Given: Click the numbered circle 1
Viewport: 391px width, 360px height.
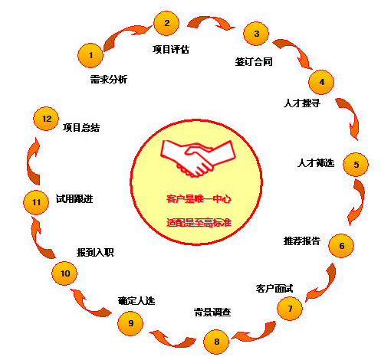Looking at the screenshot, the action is pyautogui.click(x=90, y=55).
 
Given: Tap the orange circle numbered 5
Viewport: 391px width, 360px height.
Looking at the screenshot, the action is pyautogui.click(x=356, y=165).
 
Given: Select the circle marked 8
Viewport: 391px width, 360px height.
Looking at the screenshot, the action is pyautogui.click(x=216, y=342).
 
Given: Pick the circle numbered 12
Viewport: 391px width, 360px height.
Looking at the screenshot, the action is pyautogui.click(x=46, y=119).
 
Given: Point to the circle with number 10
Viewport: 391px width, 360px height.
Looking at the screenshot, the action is pyautogui.click(x=64, y=273).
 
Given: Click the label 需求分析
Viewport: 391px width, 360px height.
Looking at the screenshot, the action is pyautogui.click(x=109, y=80).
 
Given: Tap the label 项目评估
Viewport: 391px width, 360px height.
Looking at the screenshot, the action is pyautogui.click(x=171, y=49).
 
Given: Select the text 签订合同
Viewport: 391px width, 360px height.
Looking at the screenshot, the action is pyautogui.click(x=254, y=62).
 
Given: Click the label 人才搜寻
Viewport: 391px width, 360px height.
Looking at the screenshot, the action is pyautogui.click(x=302, y=103).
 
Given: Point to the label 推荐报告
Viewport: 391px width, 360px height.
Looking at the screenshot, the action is pyautogui.click(x=302, y=241).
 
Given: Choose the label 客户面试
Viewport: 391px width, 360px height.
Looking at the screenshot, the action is pyautogui.click(x=274, y=289).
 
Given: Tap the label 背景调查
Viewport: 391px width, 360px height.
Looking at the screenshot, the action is pyautogui.click(x=212, y=312).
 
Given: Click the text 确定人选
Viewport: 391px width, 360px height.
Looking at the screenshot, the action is pyautogui.click(x=136, y=301).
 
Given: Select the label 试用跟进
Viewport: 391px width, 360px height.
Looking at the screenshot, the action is pyautogui.click(x=74, y=198).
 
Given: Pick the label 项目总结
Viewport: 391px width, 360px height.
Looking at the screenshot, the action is pyautogui.click(x=81, y=127).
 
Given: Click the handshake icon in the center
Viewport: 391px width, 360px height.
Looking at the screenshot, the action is pyautogui.click(x=197, y=159).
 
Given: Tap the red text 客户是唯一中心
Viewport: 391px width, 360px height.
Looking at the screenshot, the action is pyautogui.click(x=199, y=199).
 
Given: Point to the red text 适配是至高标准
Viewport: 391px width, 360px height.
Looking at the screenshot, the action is pyautogui.click(x=199, y=223).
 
